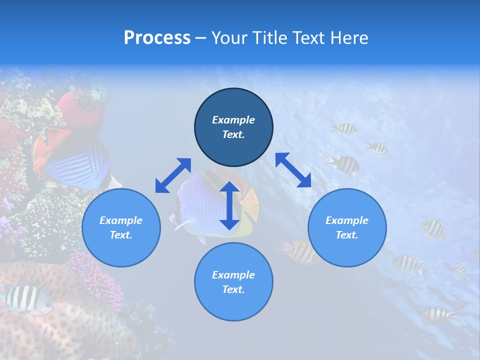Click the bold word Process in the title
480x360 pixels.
157,38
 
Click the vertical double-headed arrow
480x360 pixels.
229,206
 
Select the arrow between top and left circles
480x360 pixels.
173,175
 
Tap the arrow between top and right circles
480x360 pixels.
293,170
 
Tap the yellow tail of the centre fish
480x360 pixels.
250,205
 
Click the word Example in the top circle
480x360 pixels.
233,120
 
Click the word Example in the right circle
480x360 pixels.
347,220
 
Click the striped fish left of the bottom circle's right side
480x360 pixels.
300,251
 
